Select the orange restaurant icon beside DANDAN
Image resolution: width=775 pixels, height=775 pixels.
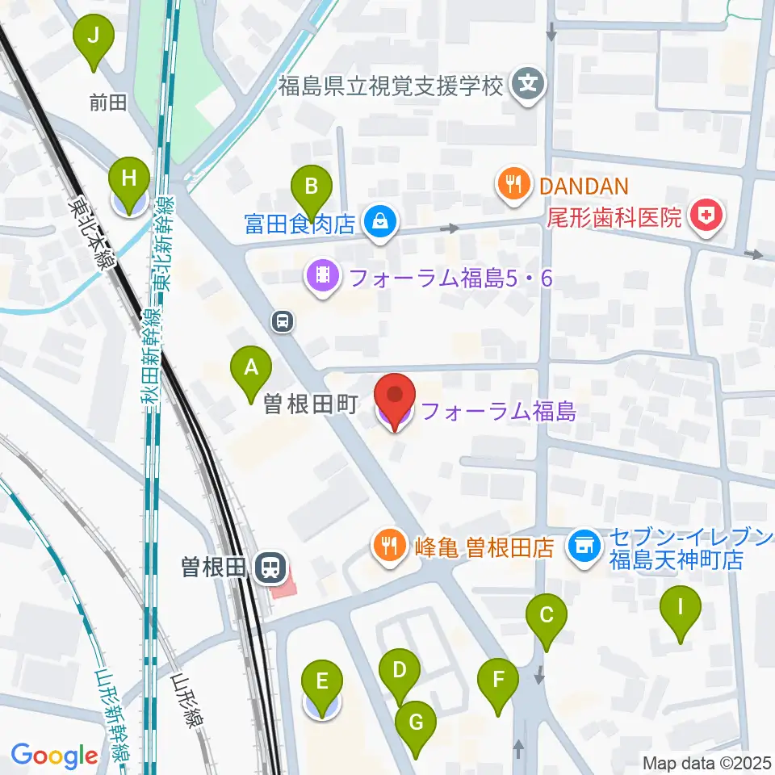point(513,186)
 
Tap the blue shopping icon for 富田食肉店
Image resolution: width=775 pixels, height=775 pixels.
point(378,223)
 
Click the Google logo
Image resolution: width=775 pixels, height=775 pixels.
point(54,756)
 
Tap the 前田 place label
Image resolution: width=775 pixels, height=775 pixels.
point(109,103)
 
